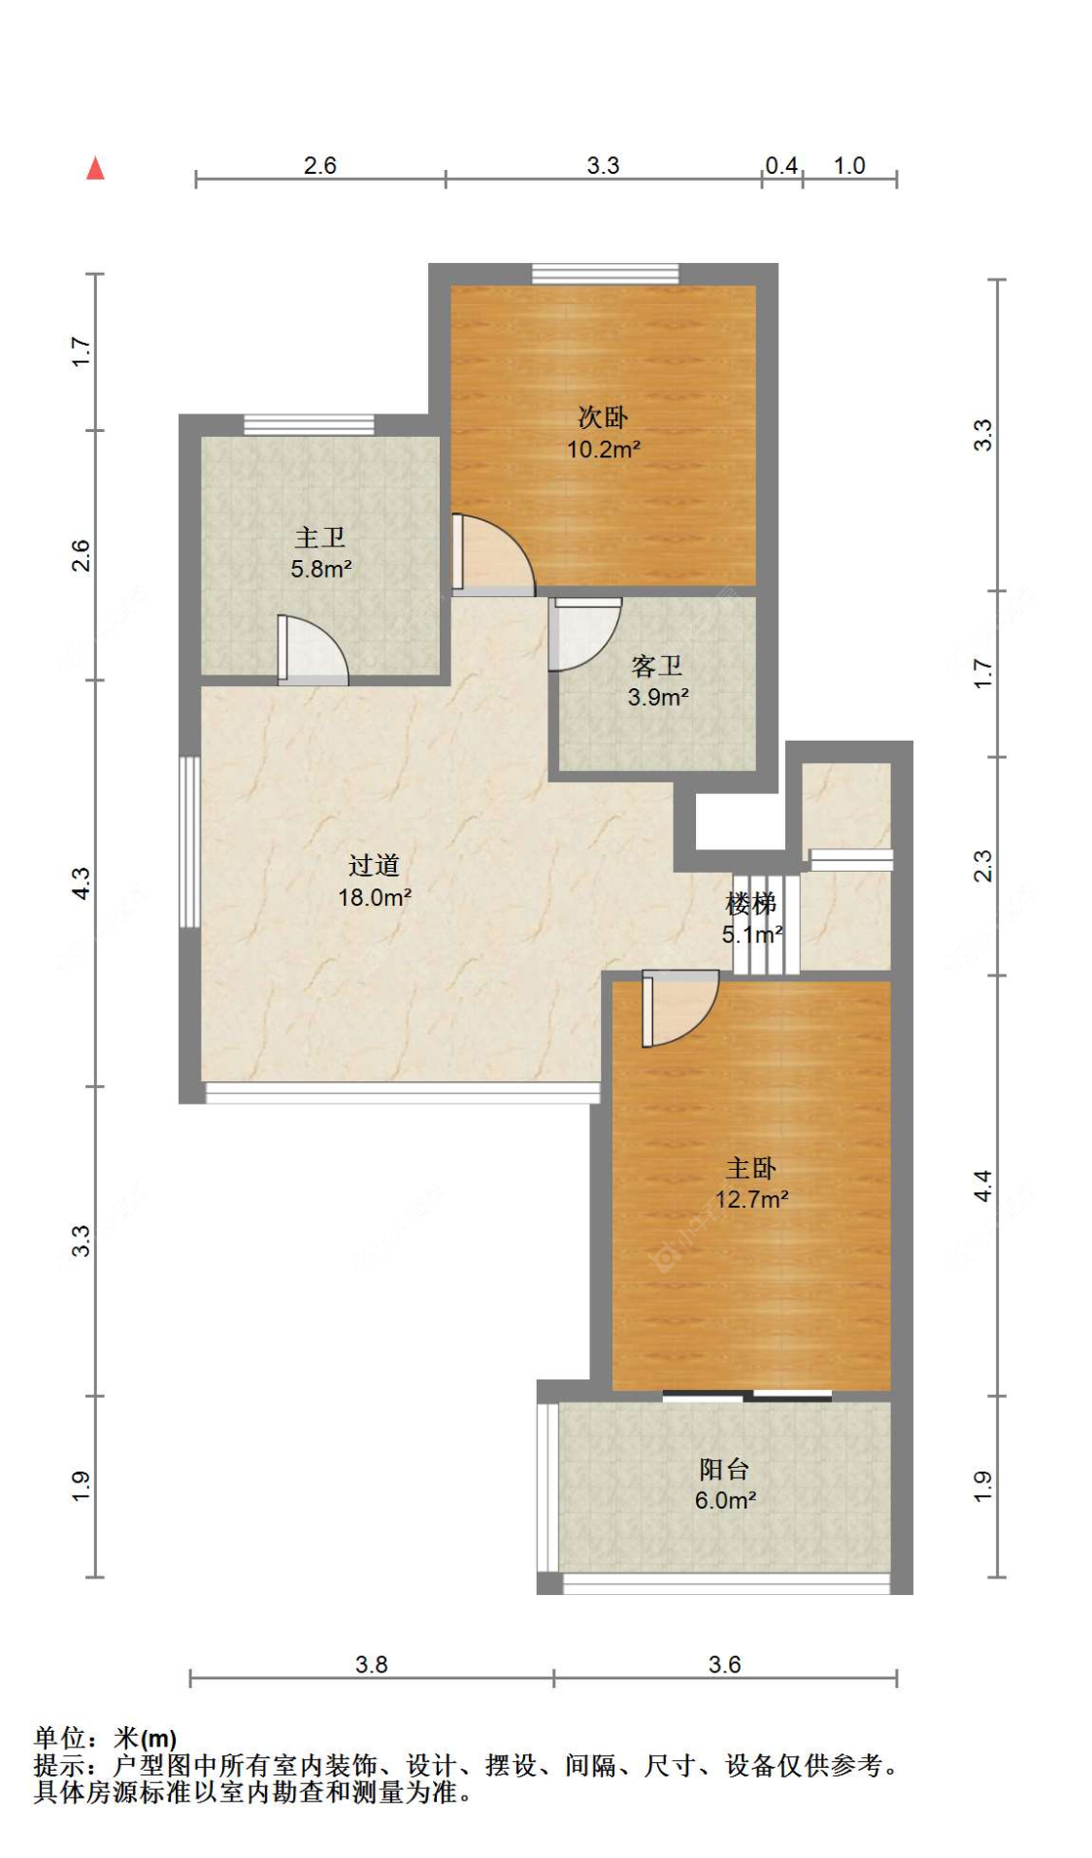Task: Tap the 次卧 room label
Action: (x=603, y=417)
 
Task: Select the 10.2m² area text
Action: (x=604, y=449)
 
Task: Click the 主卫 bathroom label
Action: (x=320, y=537)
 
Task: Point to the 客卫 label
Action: (x=657, y=666)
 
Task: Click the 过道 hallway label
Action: (x=374, y=865)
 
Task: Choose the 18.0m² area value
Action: (x=375, y=897)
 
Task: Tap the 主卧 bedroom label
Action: (x=751, y=1168)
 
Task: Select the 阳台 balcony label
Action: (x=724, y=1469)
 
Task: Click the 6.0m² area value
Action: (x=725, y=1501)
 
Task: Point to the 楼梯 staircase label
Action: (x=751, y=904)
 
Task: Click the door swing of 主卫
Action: (x=313, y=648)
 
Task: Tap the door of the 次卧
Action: (x=493, y=554)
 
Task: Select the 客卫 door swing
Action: (x=584, y=634)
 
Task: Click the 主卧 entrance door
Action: (x=679, y=1010)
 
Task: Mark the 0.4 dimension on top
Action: (x=781, y=166)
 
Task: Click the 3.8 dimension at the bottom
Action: (x=371, y=1665)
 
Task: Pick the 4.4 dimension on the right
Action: (x=982, y=1185)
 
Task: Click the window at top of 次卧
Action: (x=605, y=274)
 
